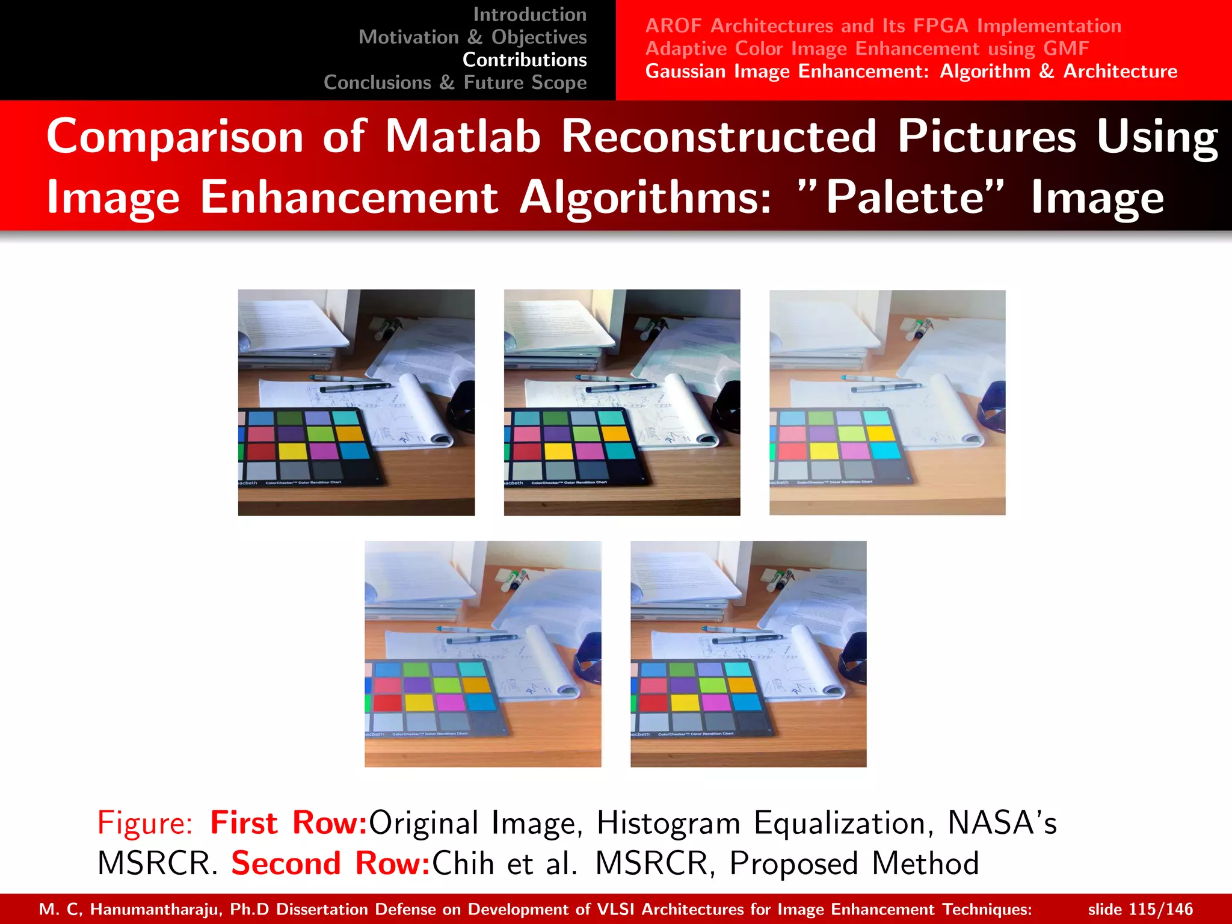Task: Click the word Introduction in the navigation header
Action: (x=529, y=14)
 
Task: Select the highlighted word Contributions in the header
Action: (x=525, y=60)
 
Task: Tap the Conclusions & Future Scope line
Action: (x=455, y=82)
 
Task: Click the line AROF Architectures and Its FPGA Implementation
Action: (x=883, y=26)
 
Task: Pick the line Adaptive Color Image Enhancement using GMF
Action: (x=867, y=48)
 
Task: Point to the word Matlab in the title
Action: (x=463, y=137)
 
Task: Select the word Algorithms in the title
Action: (x=644, y=197)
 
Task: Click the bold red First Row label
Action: (x=289, y=823)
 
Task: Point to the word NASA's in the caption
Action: (x=1002, y=823)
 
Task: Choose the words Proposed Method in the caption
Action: (x=854, y=863)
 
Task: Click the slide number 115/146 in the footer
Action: (x=1161, y=909)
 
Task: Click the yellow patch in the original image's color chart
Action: (x=292, y=450)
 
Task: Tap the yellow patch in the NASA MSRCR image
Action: (x=824, y=451)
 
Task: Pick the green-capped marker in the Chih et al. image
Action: (x=514, y=579)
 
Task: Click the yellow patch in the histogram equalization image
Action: (x=558, y=451)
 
